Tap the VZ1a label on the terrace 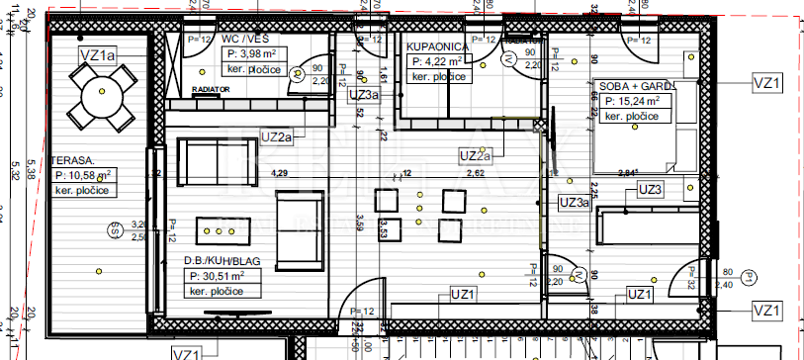point(97,55)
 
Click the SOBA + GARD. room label point(631,87)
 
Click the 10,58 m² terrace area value point(83,174)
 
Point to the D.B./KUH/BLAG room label point(223,262)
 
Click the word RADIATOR point(211,89)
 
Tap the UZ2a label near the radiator point(276,136)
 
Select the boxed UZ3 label point(650,189)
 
